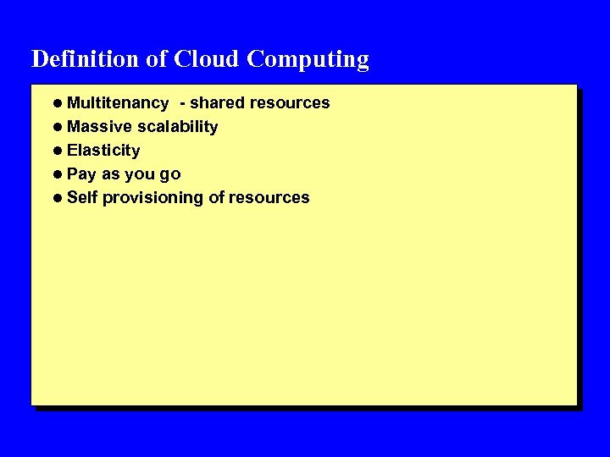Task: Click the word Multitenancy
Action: point(117,103)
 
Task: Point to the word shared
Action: point(217,103)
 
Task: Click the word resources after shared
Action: point(290,103)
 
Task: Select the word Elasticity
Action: point(103,151)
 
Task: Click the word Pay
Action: point(81,174)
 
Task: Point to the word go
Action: point(170,175)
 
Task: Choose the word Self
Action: point(82,198)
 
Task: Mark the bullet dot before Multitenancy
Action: point(56,103)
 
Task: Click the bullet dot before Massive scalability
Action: point(56,127)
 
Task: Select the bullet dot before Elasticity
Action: point(56,151)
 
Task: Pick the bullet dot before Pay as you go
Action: point(56,174)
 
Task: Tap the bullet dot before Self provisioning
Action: point(56,198)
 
